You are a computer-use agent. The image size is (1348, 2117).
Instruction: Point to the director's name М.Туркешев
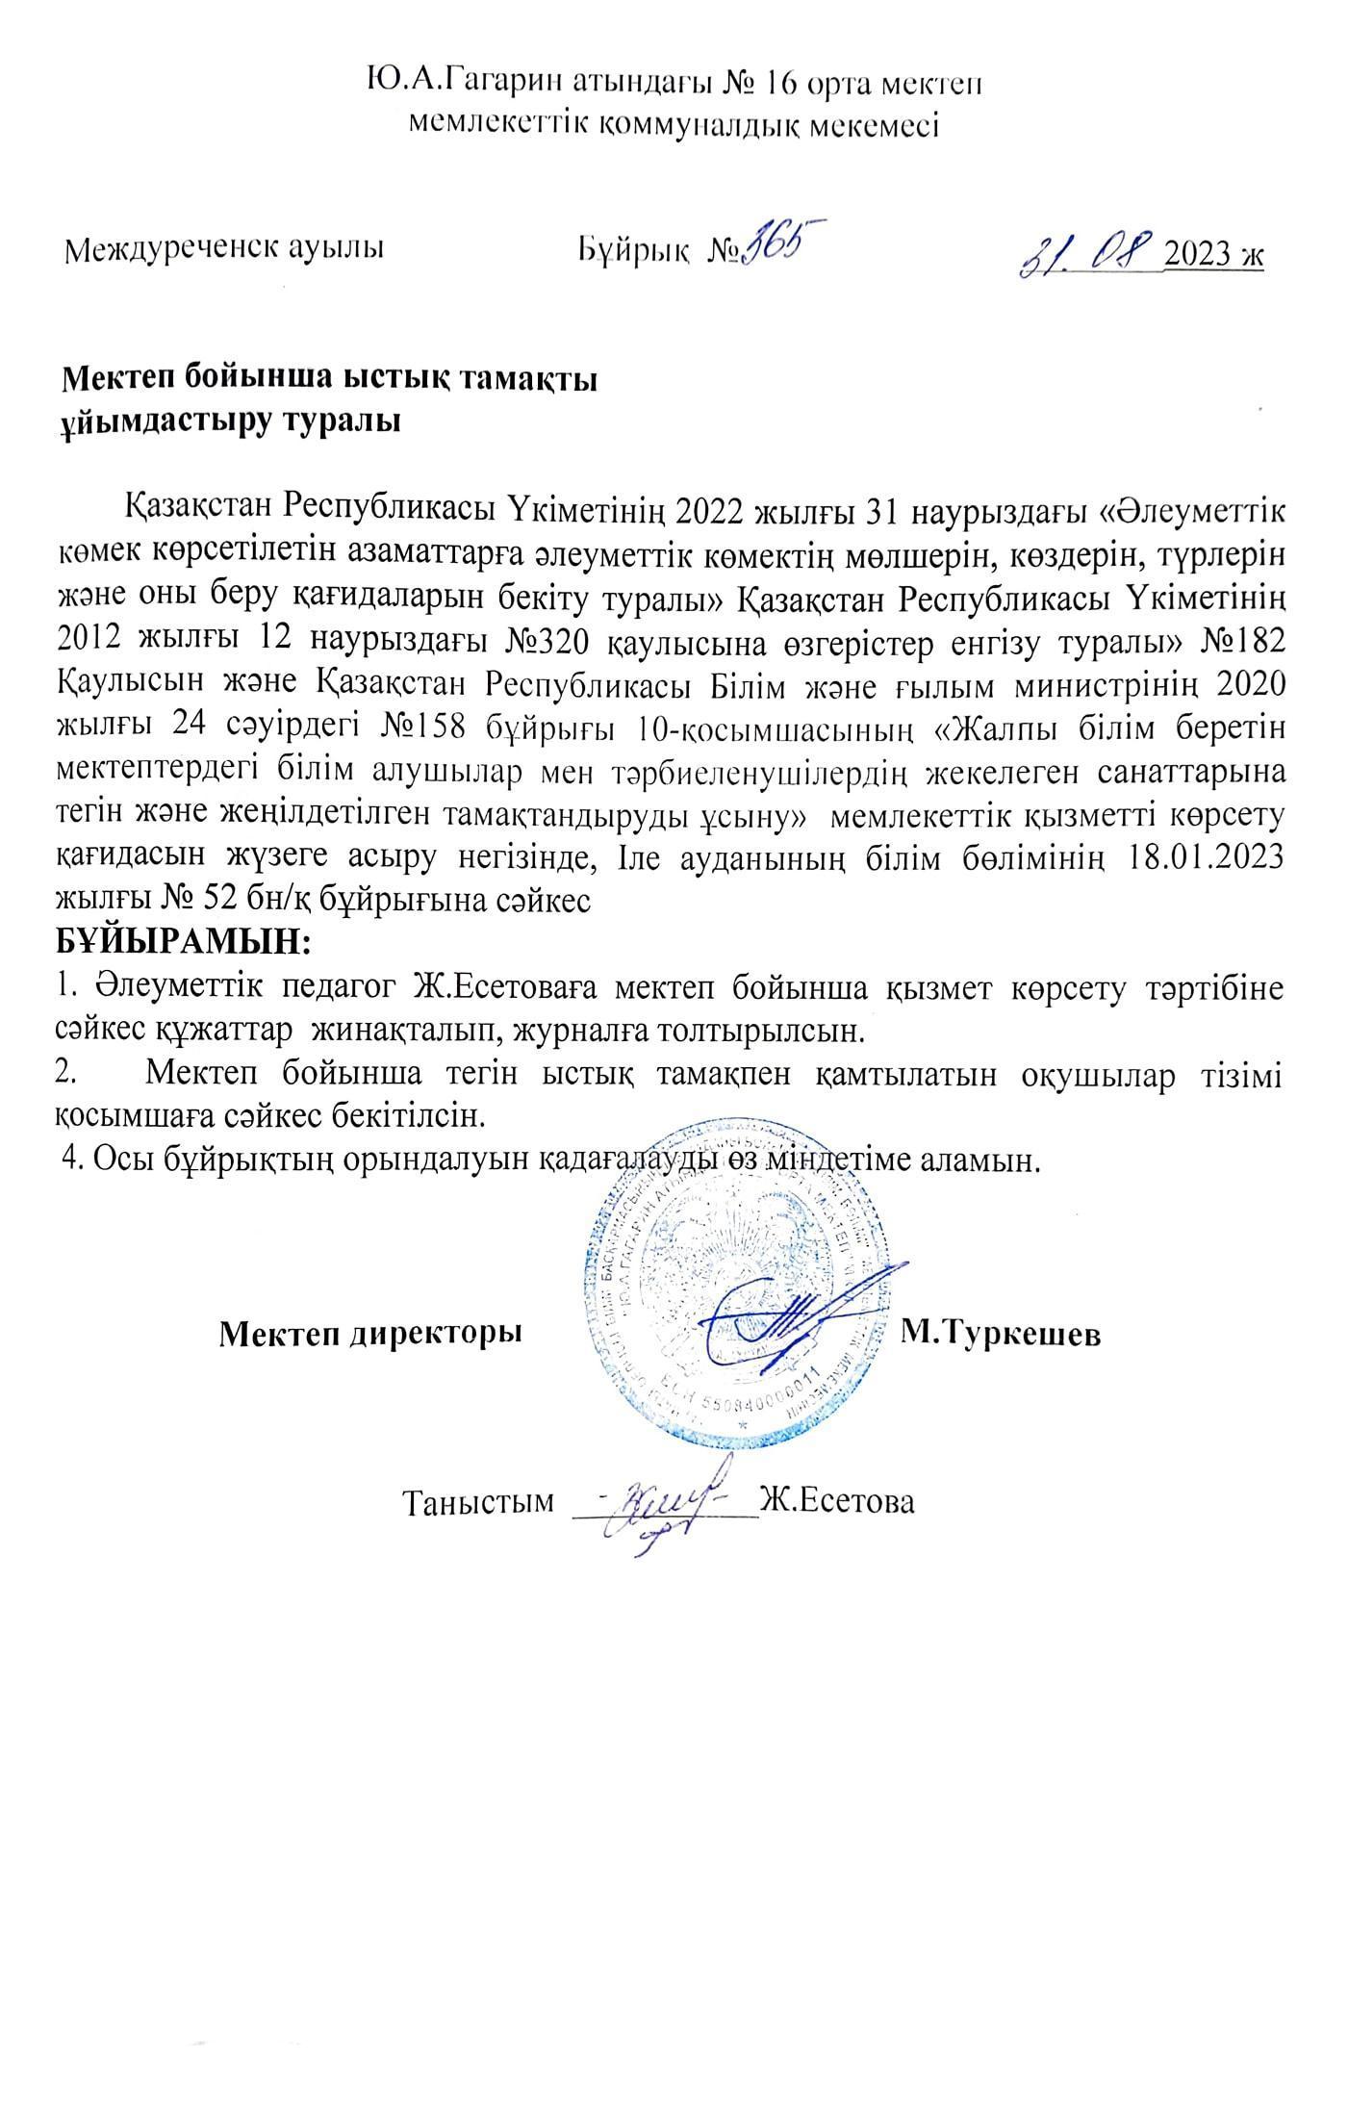1001,1333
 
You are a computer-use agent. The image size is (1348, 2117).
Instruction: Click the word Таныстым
479,1503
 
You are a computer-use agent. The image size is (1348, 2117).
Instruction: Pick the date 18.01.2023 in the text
1203,858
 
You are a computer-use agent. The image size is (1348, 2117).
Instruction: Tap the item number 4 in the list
68,1158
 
